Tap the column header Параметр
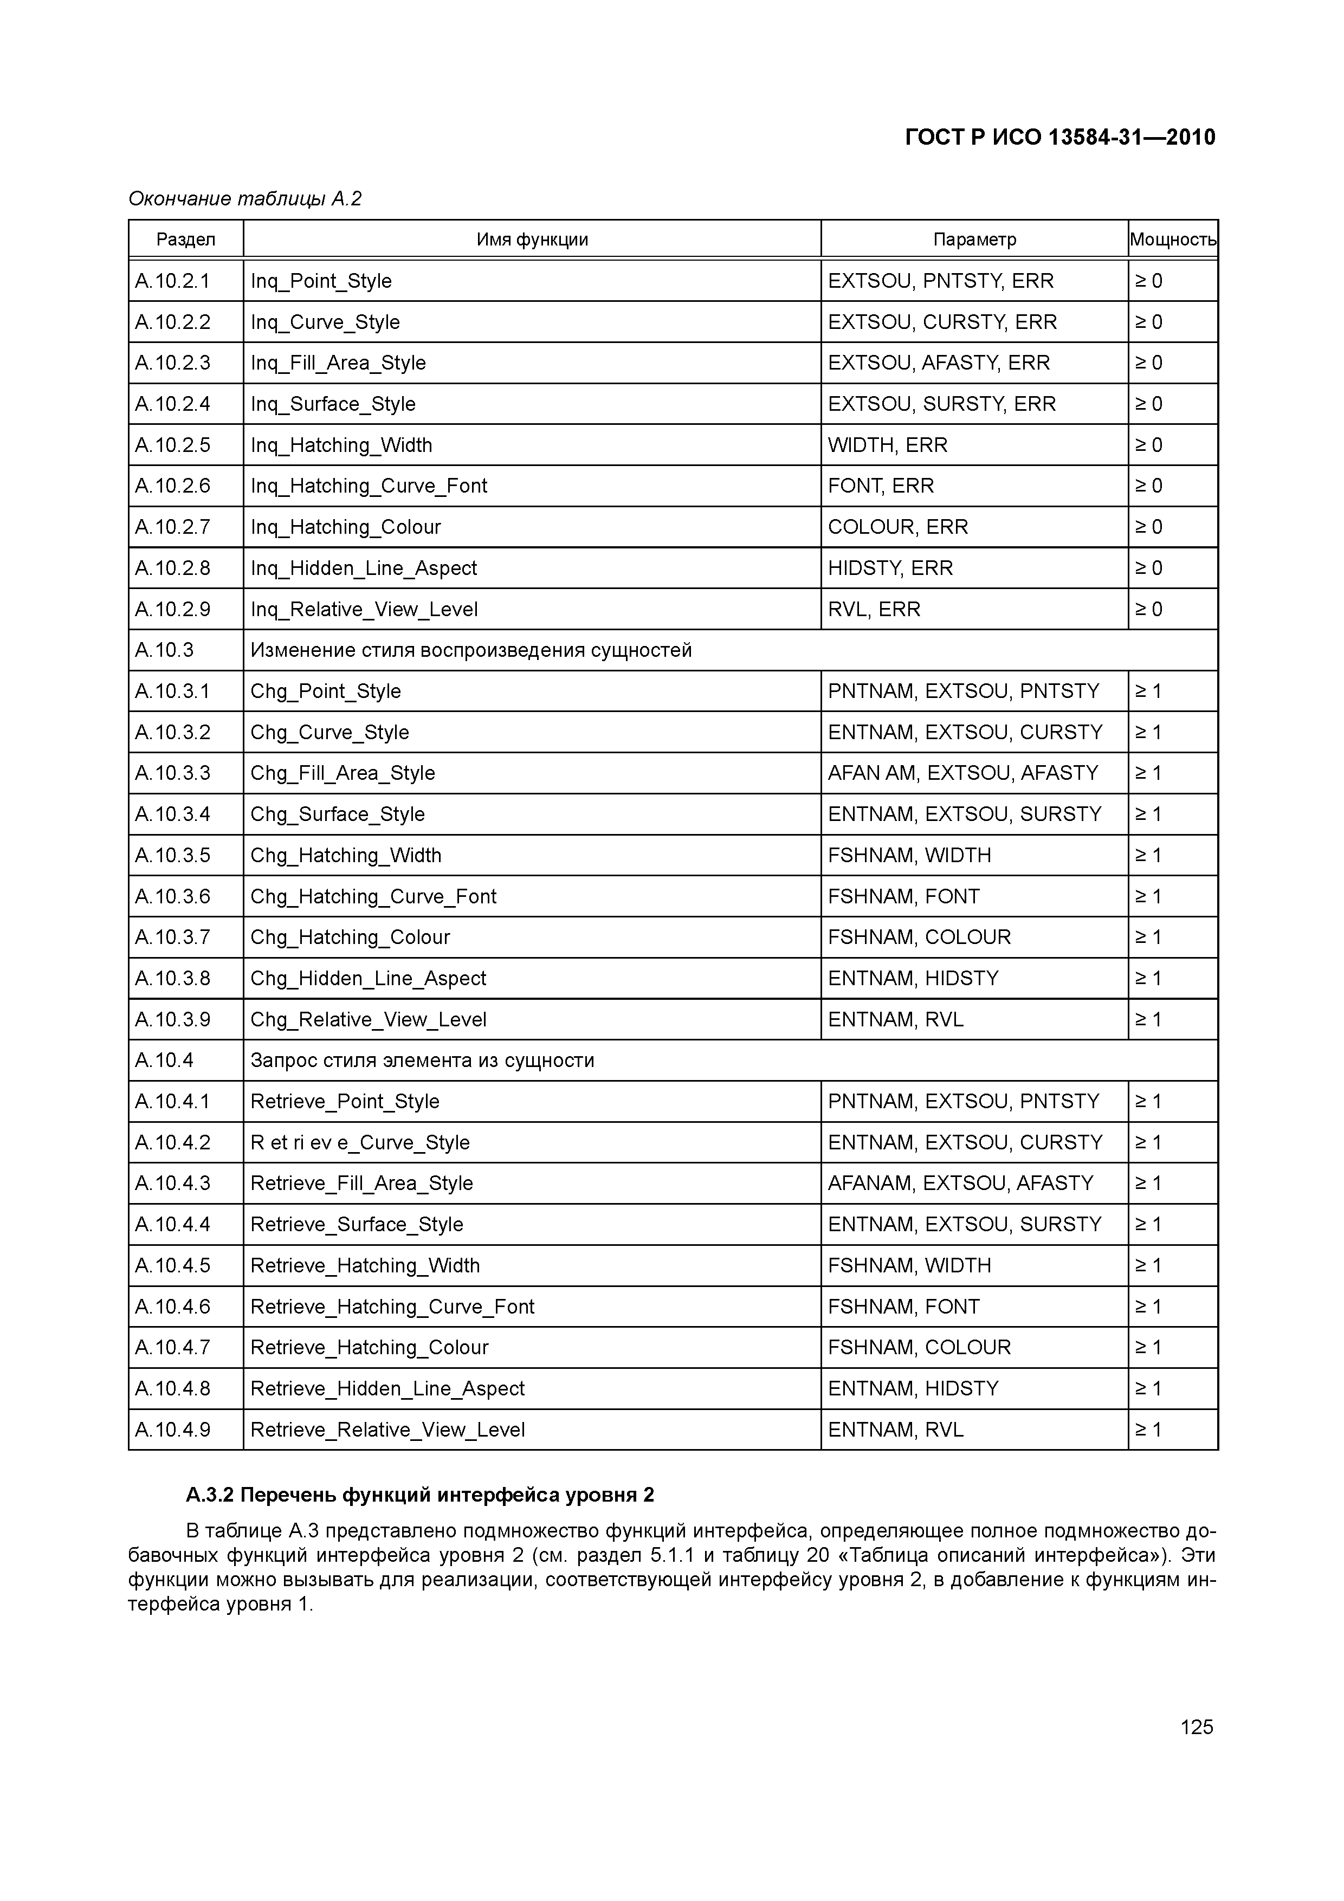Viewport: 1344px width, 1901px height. pos(974,240)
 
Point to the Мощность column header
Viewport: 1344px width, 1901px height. pos(1173,240)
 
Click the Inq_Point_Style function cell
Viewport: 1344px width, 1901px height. pos(321,281)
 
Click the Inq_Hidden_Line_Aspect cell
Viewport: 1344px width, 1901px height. pos(364,568)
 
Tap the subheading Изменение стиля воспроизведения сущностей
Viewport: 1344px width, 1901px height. pos(470,650)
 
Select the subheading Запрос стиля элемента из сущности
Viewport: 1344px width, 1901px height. pos(422,1060)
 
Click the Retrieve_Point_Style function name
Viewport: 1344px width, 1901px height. pos(345,1101)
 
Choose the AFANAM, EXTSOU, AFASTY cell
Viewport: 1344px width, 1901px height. pos(961,1182)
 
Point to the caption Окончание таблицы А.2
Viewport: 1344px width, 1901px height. pos(245,199)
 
